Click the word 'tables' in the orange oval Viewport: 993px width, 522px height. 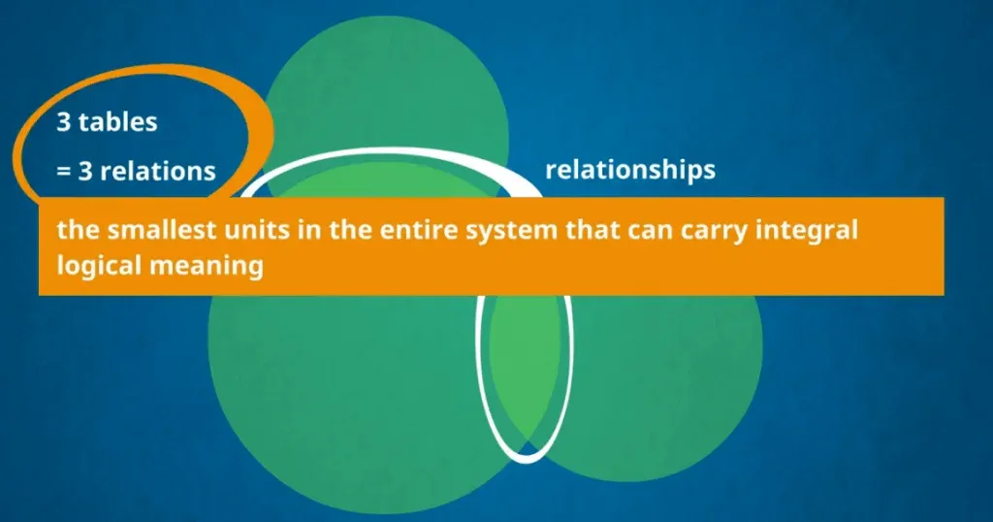[x=117, y=121]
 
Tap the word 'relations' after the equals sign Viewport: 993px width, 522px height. [x=158, y=171]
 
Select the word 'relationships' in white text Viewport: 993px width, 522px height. [x=630, y=171]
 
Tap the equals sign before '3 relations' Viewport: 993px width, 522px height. [x=63, y=171]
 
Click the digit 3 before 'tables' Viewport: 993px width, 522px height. [x=63, y=121]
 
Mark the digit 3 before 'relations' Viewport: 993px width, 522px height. [x=85, y=171]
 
